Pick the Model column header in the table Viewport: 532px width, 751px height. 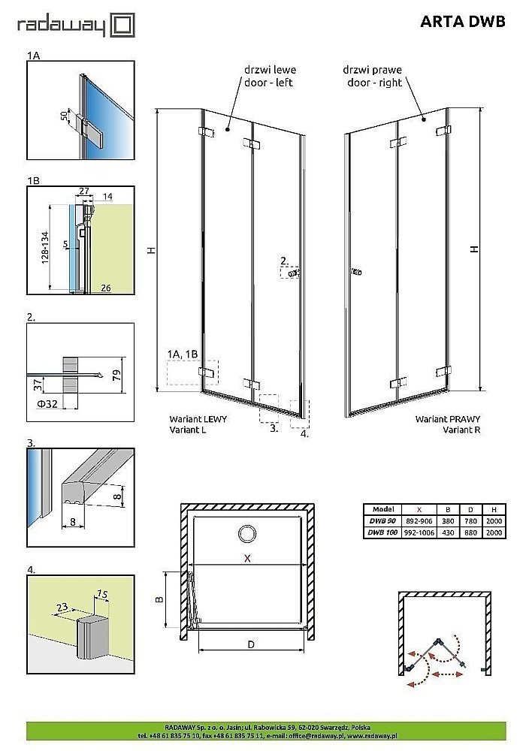382,508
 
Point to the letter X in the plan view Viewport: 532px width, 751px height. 246,558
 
